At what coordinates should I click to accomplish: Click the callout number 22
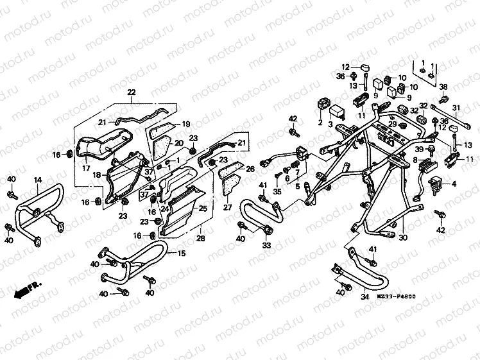point(132,93)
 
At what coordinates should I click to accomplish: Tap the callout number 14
point(38,180)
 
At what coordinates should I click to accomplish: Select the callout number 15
point(182,253)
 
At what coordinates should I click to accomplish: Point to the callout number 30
point(403,238)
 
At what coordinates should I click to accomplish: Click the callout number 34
point(364,296)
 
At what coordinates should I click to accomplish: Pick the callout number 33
point(266,245)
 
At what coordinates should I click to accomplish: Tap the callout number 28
point(200,238)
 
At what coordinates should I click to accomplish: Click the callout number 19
point(186,124)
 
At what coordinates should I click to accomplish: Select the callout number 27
point(227,207)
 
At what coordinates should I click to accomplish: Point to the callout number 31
point(456,107)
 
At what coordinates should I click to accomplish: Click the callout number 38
point(443,87)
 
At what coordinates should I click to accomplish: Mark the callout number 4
point(455,184)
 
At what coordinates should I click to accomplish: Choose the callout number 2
point(320,123)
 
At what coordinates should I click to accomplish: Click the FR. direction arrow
point(26,290)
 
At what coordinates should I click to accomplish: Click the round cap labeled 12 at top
point(364,68)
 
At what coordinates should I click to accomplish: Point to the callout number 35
point(277,191)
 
